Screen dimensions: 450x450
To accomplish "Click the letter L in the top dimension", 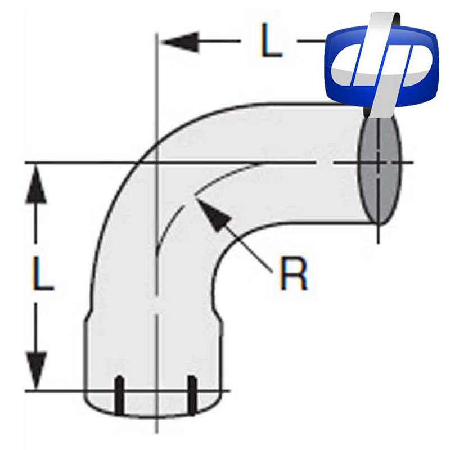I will pyautogui.click(x=271, y=41).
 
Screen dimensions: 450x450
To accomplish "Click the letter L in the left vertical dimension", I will pyautogui.click(x=42, y=276).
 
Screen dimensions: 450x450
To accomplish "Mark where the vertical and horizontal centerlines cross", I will pyautogui.click(x=156, y=163).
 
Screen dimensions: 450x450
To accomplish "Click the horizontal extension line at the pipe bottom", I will pyautogui.click(x=56, y=390).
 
